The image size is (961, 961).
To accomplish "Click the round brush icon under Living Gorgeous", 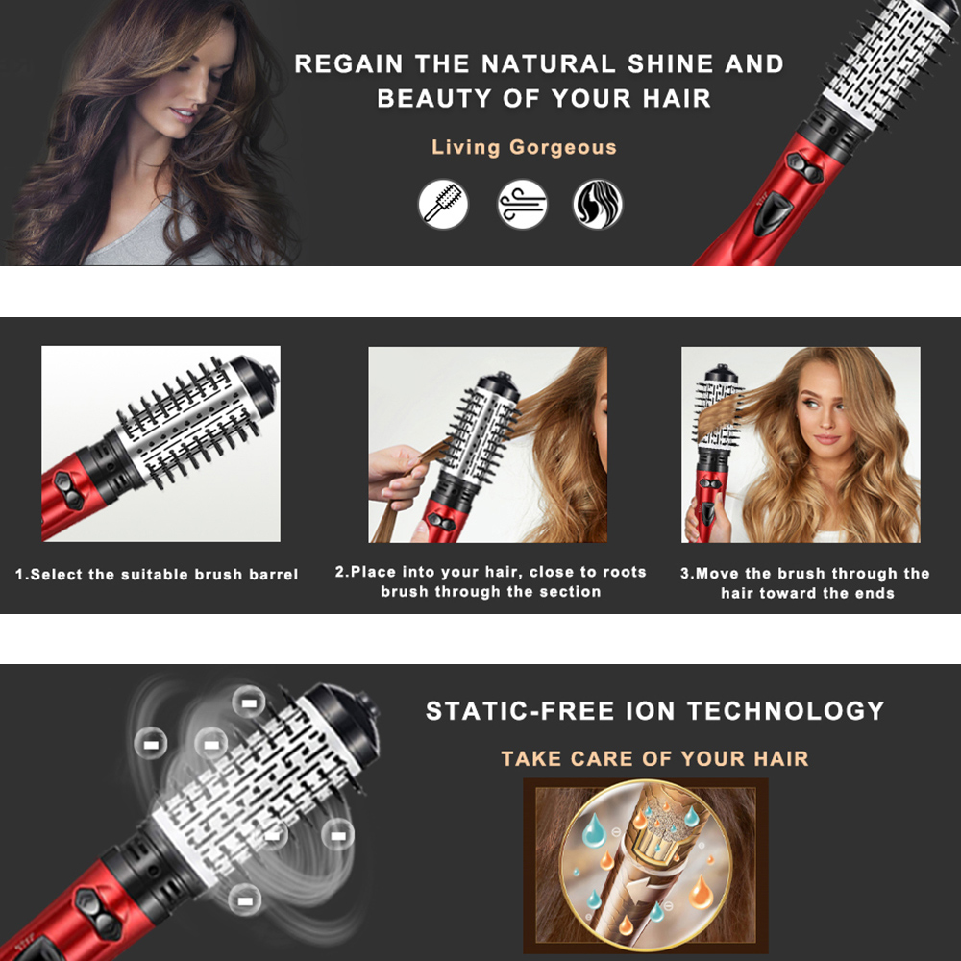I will [443, 204].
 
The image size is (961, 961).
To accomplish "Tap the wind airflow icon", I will [522, 204].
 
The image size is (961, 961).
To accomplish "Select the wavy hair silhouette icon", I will [598, 204].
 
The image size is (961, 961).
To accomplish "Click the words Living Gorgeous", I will [524, 148].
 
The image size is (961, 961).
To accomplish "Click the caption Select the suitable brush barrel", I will [157, 575].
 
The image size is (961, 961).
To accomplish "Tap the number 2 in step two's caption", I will [340, 572].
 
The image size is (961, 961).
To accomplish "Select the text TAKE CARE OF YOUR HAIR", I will [654, 758].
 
